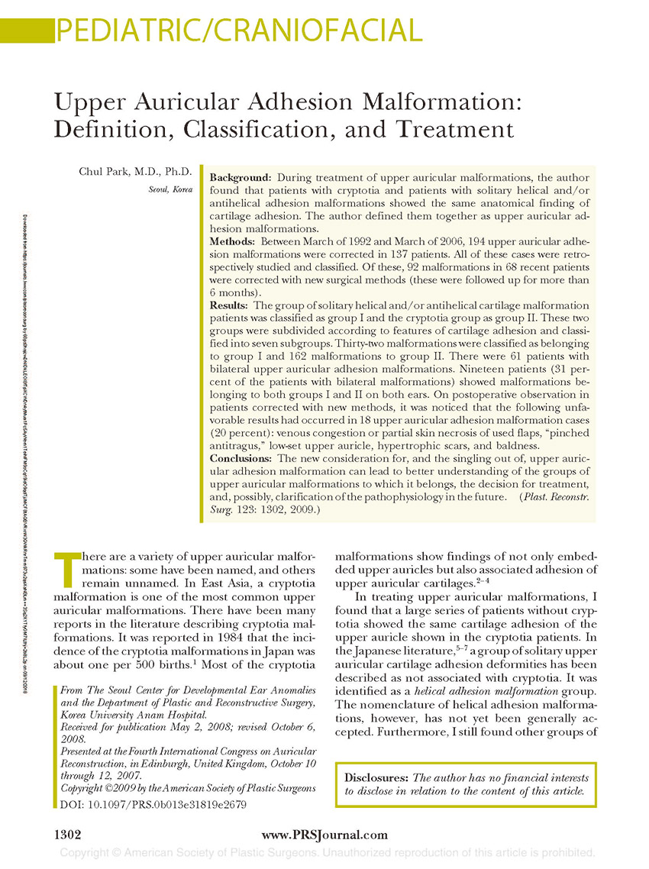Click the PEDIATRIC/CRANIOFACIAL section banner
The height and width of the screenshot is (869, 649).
[239, 31]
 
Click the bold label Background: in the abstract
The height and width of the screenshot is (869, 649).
[240, 177]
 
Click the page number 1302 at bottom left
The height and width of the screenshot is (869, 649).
[66, 835]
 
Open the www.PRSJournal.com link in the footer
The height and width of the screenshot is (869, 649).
[324, 835]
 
